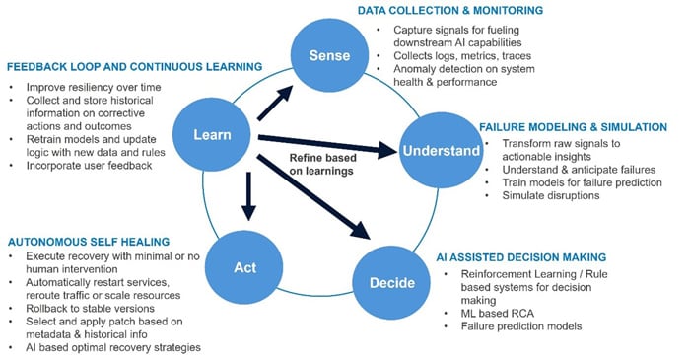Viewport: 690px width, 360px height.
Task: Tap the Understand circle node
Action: pyautogui.click(x=439, y=150)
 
